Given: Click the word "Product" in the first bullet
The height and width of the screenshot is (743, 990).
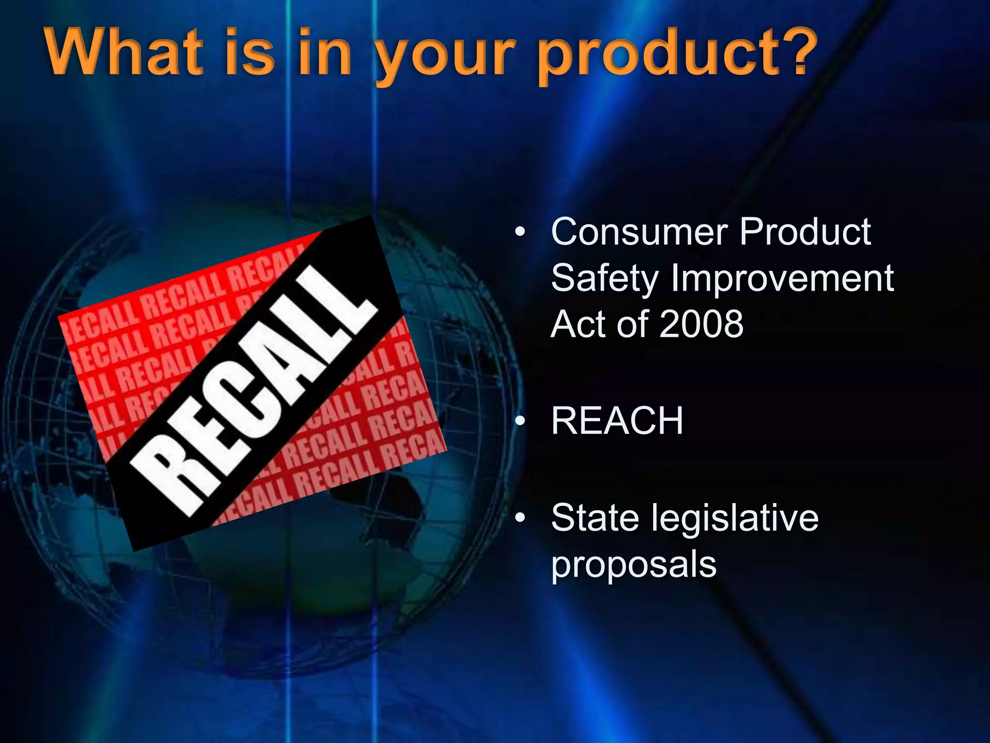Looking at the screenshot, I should coord(805,232).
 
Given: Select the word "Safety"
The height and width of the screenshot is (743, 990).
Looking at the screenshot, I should coord(605,279).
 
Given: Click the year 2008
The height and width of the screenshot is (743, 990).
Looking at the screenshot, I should coord(701,324).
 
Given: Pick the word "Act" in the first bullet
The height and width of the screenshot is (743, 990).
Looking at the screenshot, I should coord(578,324).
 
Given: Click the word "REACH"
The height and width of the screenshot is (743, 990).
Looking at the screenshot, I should coord(617,421).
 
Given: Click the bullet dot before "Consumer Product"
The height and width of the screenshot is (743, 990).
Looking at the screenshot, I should coord(520,233).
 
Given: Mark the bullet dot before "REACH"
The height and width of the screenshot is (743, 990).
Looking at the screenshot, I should coord(520,421).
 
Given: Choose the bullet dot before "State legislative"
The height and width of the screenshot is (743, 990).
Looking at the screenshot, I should coord(520,518).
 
